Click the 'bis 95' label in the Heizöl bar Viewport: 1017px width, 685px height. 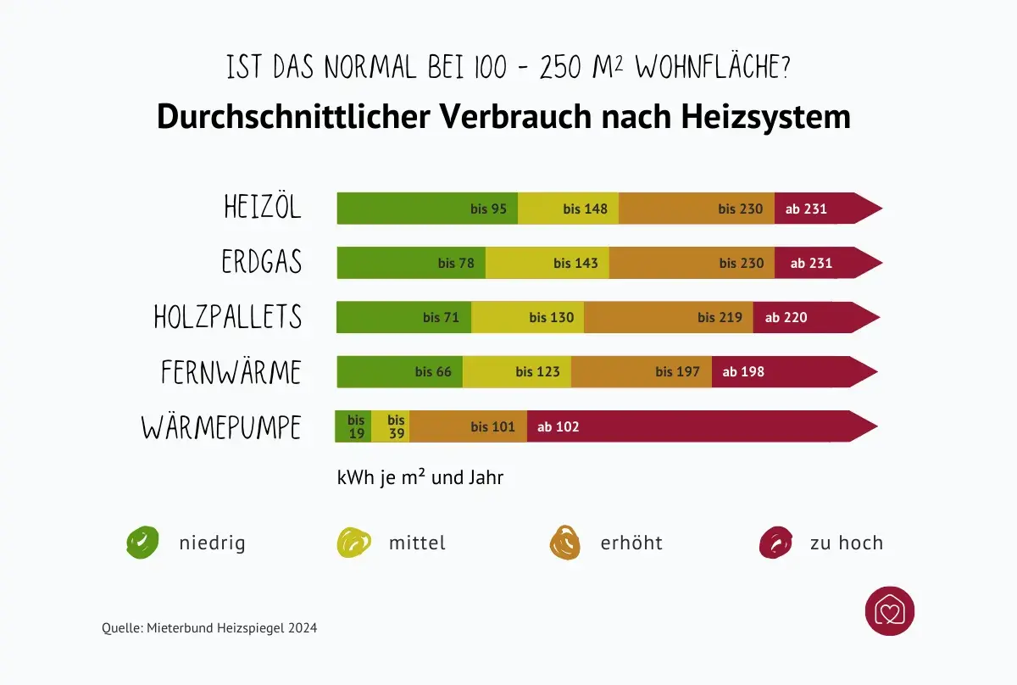coord(489,209)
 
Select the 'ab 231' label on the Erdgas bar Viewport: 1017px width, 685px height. coord(811,263)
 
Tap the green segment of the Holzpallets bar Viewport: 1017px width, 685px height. coord(403,318)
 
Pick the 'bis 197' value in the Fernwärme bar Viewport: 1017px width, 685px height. coord(677,371)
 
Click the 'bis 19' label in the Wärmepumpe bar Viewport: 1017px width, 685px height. coord(356,426)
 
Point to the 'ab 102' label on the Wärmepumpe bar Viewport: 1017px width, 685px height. coord(558,426)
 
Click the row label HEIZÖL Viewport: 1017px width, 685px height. coord(263,208)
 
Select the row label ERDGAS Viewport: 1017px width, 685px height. coord(262,262)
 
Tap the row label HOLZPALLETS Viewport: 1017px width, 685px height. coord(228,317)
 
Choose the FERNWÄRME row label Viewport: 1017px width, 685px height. coord(231,372)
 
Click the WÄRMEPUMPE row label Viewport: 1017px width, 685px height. coord(221,427)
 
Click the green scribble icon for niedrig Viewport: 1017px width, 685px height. coord(142,542)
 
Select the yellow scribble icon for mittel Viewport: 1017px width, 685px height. coord(354,542)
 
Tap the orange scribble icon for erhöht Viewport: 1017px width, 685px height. coord(565,542)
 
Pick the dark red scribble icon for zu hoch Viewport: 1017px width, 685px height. coord(775,542)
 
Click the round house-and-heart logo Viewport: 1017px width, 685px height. coord(890,611)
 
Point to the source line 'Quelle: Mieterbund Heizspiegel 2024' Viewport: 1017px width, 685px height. coord(209,628)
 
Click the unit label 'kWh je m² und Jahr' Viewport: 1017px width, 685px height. coord(420,478)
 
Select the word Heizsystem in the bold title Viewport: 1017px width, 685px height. coord(766,117)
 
